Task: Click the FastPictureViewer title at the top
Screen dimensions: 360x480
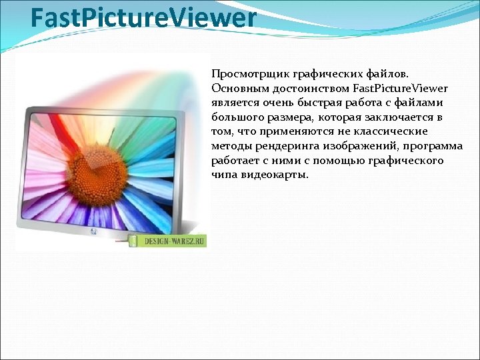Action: [143, 18]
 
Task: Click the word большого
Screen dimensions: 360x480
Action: [235, 118]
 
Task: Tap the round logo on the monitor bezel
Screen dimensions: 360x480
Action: [93, 233]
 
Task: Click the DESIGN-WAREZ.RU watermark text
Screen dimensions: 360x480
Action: [173, 241]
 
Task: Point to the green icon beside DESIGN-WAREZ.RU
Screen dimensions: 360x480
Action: [133, 240]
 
